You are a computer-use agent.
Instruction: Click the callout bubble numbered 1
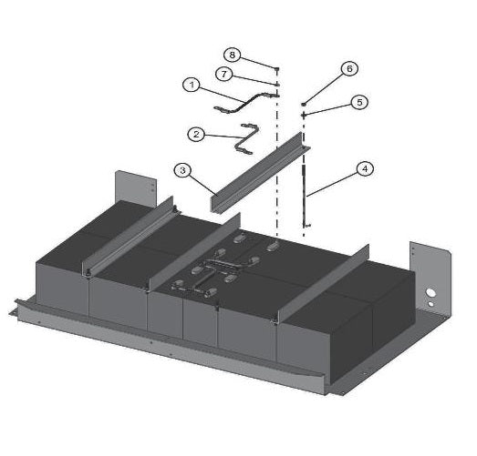click(191, 85)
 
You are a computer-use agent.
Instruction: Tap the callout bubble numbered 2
click(195, 134)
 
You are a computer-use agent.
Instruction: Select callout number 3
click(182, 169)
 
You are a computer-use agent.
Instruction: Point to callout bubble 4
click(364, 168)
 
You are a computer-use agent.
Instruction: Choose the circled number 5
click(359, 102)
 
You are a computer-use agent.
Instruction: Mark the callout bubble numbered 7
click(223, 73)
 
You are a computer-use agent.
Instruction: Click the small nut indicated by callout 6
click(304, 106)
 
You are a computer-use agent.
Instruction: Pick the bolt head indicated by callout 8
click(275, 67)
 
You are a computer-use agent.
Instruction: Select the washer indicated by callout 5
click(304, 115)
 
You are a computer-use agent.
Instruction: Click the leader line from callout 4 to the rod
click(332, 181)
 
